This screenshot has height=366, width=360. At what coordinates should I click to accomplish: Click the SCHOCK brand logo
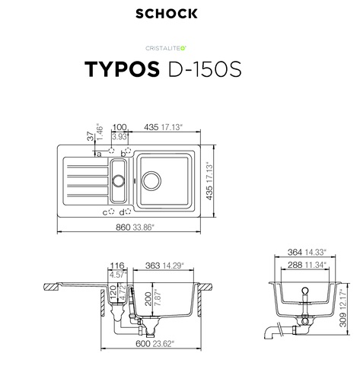tap(167, 14)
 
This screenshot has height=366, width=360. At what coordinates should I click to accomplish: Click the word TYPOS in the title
tap(122, 69)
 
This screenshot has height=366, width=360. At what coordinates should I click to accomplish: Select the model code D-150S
tap(205, 69)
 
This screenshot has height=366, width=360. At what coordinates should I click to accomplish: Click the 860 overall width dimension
tap(123, 228)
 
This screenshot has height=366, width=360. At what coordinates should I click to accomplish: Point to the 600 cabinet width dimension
tap(143, 344)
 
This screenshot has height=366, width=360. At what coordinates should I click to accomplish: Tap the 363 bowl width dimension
tap(153, 266)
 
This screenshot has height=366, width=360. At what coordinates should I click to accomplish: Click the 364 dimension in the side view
tap(295, 252)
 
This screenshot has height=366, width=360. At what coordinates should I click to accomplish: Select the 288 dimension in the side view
tap(295, 265)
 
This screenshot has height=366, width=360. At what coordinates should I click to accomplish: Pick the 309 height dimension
tap(342, 320)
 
